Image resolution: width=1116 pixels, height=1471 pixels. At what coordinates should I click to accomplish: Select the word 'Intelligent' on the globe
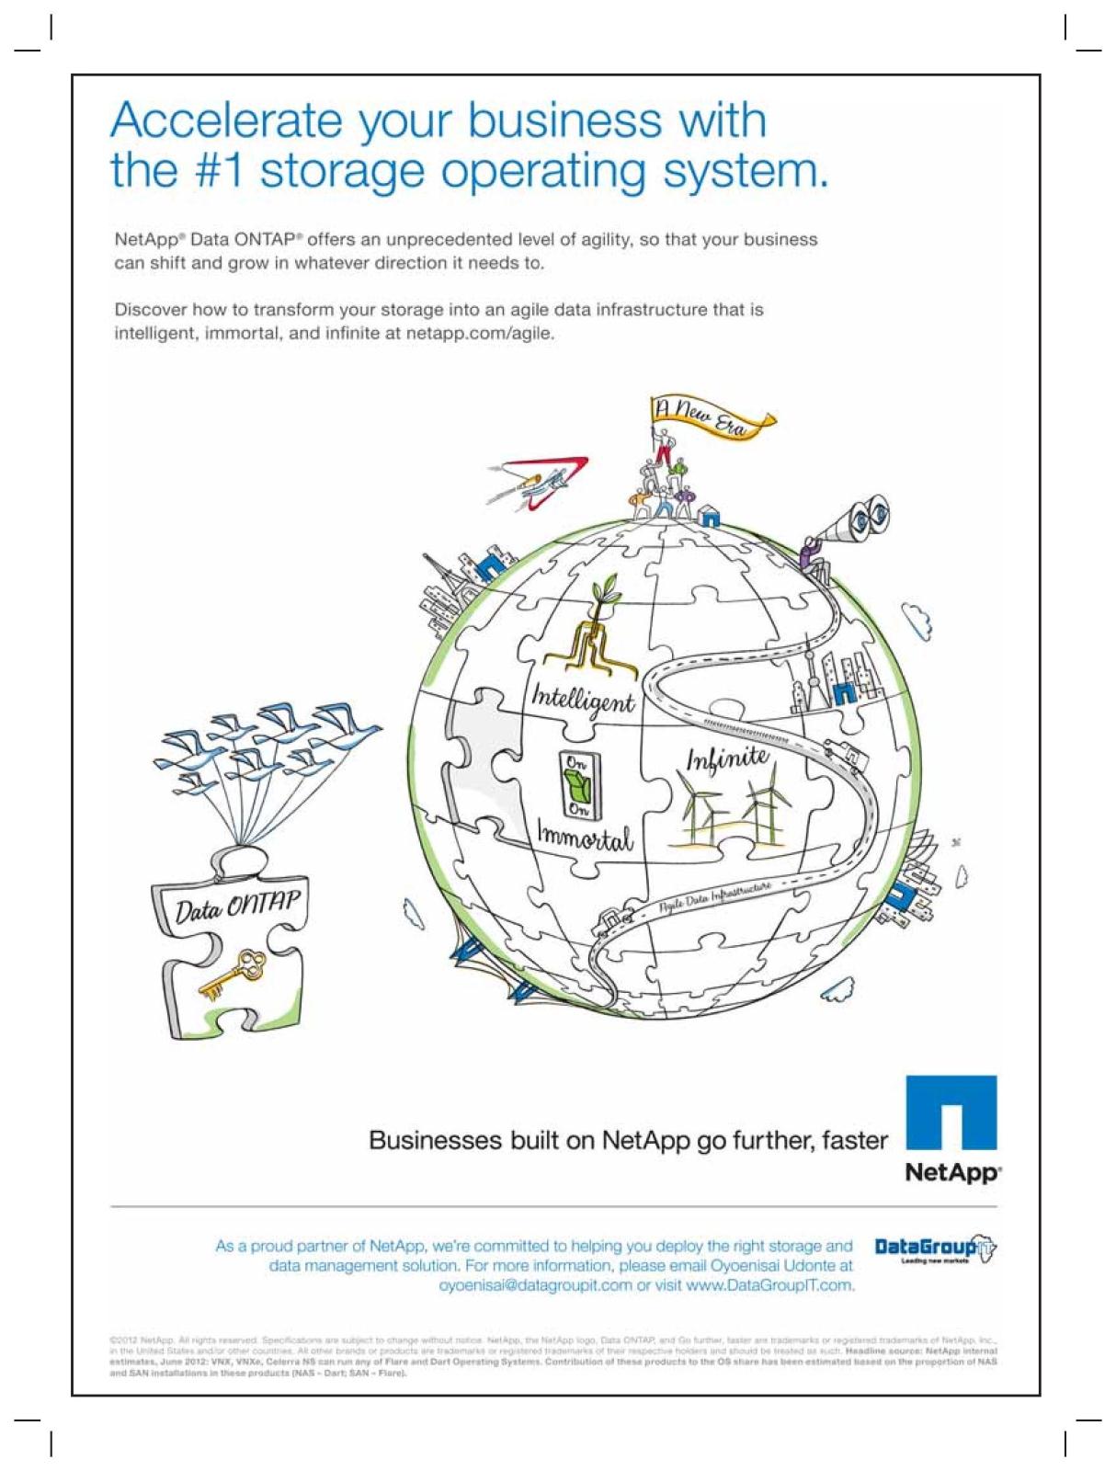tap(583, 701)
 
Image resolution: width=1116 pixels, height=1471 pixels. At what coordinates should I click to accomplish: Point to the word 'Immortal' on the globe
tap(585, 838)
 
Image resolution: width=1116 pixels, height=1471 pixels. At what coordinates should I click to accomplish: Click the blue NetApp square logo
tap(951, 1112)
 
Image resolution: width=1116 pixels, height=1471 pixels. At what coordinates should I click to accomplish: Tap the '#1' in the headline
tap(217, 171)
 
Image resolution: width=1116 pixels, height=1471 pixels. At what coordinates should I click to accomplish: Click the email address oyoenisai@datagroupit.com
tap(535, 1285)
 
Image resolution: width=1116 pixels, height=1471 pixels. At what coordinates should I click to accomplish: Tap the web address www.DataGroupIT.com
tap(769, 1285)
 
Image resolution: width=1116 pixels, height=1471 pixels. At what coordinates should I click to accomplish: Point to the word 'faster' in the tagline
tap(855, 1141)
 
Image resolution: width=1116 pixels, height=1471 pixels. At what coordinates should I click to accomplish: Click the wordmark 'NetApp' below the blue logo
tap(952, 1173)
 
